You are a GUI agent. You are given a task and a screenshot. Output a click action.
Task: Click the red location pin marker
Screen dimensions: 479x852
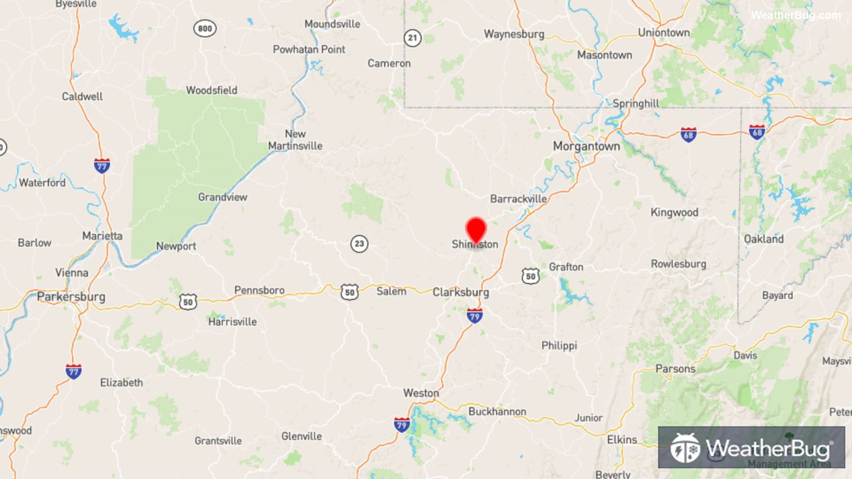point(476,230)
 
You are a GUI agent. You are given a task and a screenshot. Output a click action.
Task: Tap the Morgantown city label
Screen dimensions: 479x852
point(586,146)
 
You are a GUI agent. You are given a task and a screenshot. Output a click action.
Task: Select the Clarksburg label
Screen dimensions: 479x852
point(461,292)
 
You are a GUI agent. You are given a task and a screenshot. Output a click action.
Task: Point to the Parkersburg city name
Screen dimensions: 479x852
point(71,297)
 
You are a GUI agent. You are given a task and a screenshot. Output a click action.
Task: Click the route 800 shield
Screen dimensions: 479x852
point(204,28)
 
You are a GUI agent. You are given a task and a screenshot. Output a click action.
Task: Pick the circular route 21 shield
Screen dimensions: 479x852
point(412,38)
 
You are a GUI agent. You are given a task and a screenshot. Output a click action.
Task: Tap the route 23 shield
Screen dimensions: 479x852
point(359,244)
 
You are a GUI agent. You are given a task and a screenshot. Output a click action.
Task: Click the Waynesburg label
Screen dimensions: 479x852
point(513,34)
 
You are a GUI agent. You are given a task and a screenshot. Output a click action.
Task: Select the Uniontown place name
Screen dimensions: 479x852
point(663,32)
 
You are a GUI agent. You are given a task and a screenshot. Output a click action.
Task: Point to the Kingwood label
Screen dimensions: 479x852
point(674,212)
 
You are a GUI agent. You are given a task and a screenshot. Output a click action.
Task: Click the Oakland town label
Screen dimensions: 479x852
point(763,239)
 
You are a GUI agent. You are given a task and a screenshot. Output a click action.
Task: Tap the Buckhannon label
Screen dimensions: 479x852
point(497,411)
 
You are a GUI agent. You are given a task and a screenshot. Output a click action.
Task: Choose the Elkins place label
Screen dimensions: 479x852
point(622,440)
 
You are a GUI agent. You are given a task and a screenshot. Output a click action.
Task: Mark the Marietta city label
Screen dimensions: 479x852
point(102,236)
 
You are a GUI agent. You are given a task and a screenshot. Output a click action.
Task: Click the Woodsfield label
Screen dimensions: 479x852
point(211,90)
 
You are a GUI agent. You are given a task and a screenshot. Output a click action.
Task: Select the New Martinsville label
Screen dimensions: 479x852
point(295,140)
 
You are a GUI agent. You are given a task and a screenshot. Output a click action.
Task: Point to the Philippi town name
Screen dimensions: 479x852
point(559,346)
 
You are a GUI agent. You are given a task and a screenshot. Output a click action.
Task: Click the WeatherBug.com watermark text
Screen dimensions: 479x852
point(795,15)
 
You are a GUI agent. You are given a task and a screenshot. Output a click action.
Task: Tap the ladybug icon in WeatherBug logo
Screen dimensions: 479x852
point(684,448)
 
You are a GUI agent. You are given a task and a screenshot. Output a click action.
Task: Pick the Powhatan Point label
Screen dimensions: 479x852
point(308,49)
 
